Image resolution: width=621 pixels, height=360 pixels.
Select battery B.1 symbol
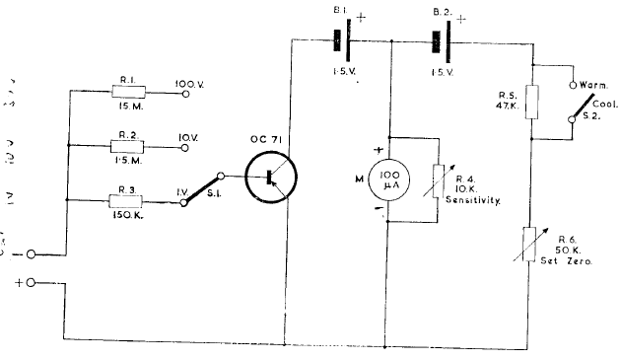(342, 42)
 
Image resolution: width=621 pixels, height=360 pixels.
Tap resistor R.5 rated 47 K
(532, 102)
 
